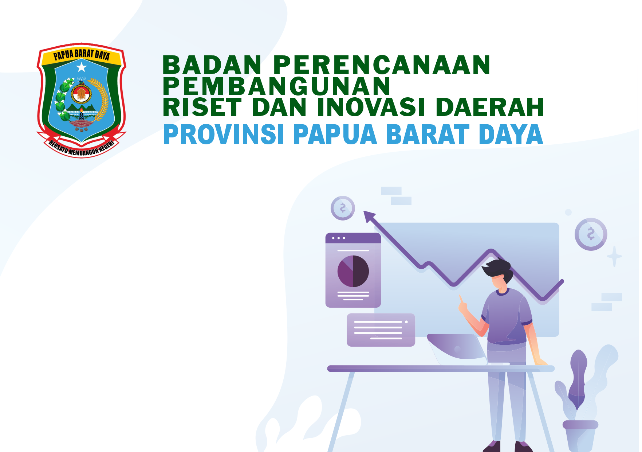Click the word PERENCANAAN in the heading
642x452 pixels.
click(x=382, y=65)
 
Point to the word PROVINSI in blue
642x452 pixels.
click(x=224, y=135)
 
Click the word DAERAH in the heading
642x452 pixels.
click(x=489, y=107)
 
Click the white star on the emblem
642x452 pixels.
click(x=82, y=67)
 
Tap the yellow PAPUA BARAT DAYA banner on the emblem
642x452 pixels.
click(x=81, y=55)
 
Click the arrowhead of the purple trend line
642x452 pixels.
click(x=369, y=216)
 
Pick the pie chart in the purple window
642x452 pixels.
click(x=353, y=271)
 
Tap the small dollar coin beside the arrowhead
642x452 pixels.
click(x=343, y=208)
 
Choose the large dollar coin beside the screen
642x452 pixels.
click(x=591, y=234)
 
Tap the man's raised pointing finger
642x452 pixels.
click(x=461, y=300)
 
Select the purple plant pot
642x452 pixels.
click(x=580, y=436)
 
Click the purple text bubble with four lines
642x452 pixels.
click(x=381, y=330)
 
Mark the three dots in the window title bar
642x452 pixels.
click(x=338, y=238)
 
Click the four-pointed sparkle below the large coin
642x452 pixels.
click(x=614, y=256)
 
